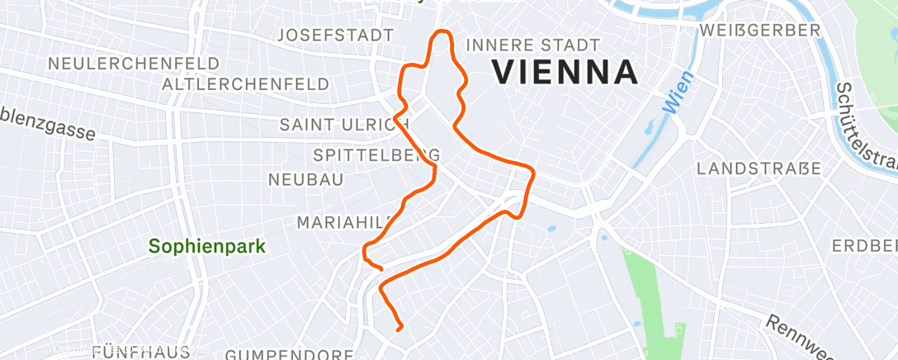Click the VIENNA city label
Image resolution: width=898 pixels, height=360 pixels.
[x=565, y=73]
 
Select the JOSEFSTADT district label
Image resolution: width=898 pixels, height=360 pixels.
[x=335, y=36]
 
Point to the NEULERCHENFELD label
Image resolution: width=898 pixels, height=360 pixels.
[x=134, y=64]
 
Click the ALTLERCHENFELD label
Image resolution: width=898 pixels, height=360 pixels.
[x=246, y=84]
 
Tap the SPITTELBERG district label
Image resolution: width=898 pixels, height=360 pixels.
[x=376, y=155]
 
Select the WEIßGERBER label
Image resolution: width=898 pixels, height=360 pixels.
[x=759, y=31]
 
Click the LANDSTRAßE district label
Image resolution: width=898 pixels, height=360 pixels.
[x=759, y=168]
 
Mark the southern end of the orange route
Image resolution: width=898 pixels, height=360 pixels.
[x=399, y=329]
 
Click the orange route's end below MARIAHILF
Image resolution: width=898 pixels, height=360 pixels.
[x=380, y=268]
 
